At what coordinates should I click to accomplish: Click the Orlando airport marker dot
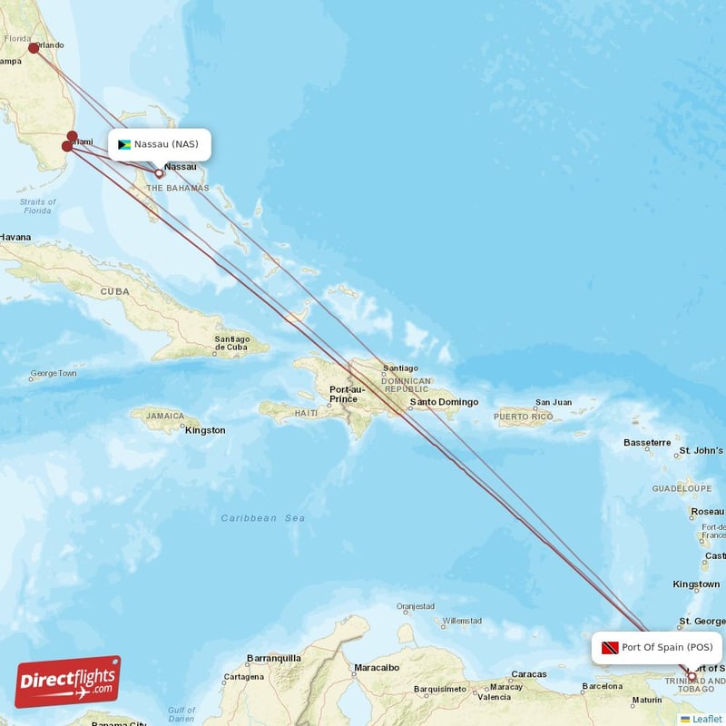click(x=34, y=48)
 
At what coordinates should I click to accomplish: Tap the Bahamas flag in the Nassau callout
click(x=124, y=144)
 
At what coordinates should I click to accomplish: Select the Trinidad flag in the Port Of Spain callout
click(x=610, y=648)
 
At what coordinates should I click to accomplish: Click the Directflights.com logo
click(x=68, y=682)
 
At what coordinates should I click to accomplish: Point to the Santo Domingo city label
click(x=444, y=402)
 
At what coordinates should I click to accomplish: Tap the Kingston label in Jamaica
click(x=205, y=430)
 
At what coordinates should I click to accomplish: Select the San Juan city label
click(x=554, y=403)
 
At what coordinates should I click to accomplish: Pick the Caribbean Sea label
click(x=263, y=518)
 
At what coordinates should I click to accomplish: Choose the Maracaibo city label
click(x=377, y=667)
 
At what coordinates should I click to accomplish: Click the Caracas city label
click(x=528, y=674)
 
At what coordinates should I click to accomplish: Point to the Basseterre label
click(x=647, y=443)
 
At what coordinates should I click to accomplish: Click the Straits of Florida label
click(x=37, y=206)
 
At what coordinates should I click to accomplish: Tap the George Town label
click(x=54, y=374)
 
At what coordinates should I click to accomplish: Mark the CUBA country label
click(x=115, y=291)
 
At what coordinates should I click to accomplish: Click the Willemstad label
click(x=462, y=621)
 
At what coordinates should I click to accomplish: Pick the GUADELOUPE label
click(x=682, y=488)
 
